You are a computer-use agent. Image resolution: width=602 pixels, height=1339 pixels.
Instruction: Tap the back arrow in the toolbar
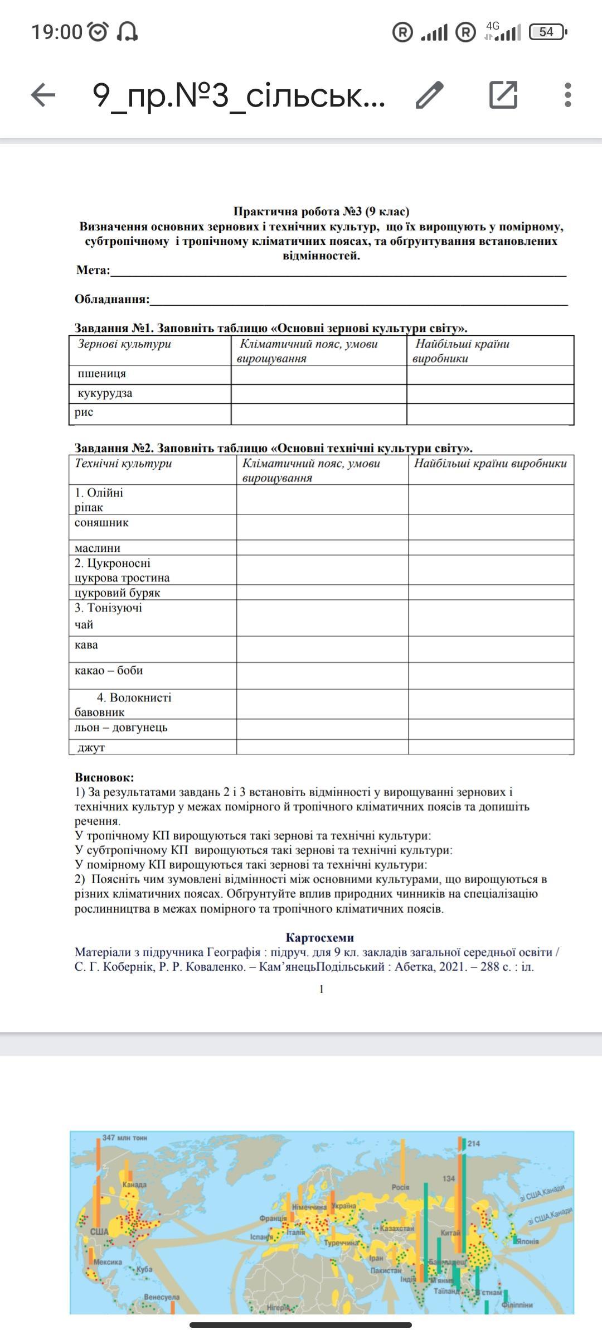43,95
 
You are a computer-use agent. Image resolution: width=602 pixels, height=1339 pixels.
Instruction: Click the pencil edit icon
430,95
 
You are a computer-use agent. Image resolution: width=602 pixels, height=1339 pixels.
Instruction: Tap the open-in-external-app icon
503,94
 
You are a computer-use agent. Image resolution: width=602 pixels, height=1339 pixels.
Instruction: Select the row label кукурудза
105,393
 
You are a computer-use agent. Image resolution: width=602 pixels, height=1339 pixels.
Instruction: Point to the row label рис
84,412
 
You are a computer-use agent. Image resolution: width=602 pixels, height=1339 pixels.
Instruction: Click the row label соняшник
101,522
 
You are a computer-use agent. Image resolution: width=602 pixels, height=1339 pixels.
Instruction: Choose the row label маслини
98,548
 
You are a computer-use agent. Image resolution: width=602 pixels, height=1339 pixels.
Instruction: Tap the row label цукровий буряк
118,593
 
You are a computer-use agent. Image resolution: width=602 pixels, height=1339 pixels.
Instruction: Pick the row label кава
86,644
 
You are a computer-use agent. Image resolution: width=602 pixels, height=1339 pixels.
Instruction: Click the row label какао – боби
109,670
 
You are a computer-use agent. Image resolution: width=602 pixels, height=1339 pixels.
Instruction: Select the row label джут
91,747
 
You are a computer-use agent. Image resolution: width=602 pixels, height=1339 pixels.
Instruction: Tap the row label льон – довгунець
121,727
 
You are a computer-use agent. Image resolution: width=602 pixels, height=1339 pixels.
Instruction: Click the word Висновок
104,777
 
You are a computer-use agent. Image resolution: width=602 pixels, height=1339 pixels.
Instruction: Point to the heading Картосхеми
320,937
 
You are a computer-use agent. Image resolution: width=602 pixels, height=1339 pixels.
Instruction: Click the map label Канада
134,1184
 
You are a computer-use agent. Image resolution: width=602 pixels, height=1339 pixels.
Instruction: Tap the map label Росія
400,1187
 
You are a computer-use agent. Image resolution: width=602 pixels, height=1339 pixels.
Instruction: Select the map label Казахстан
397,1228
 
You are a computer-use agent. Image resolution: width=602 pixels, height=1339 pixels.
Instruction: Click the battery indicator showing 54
547,32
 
